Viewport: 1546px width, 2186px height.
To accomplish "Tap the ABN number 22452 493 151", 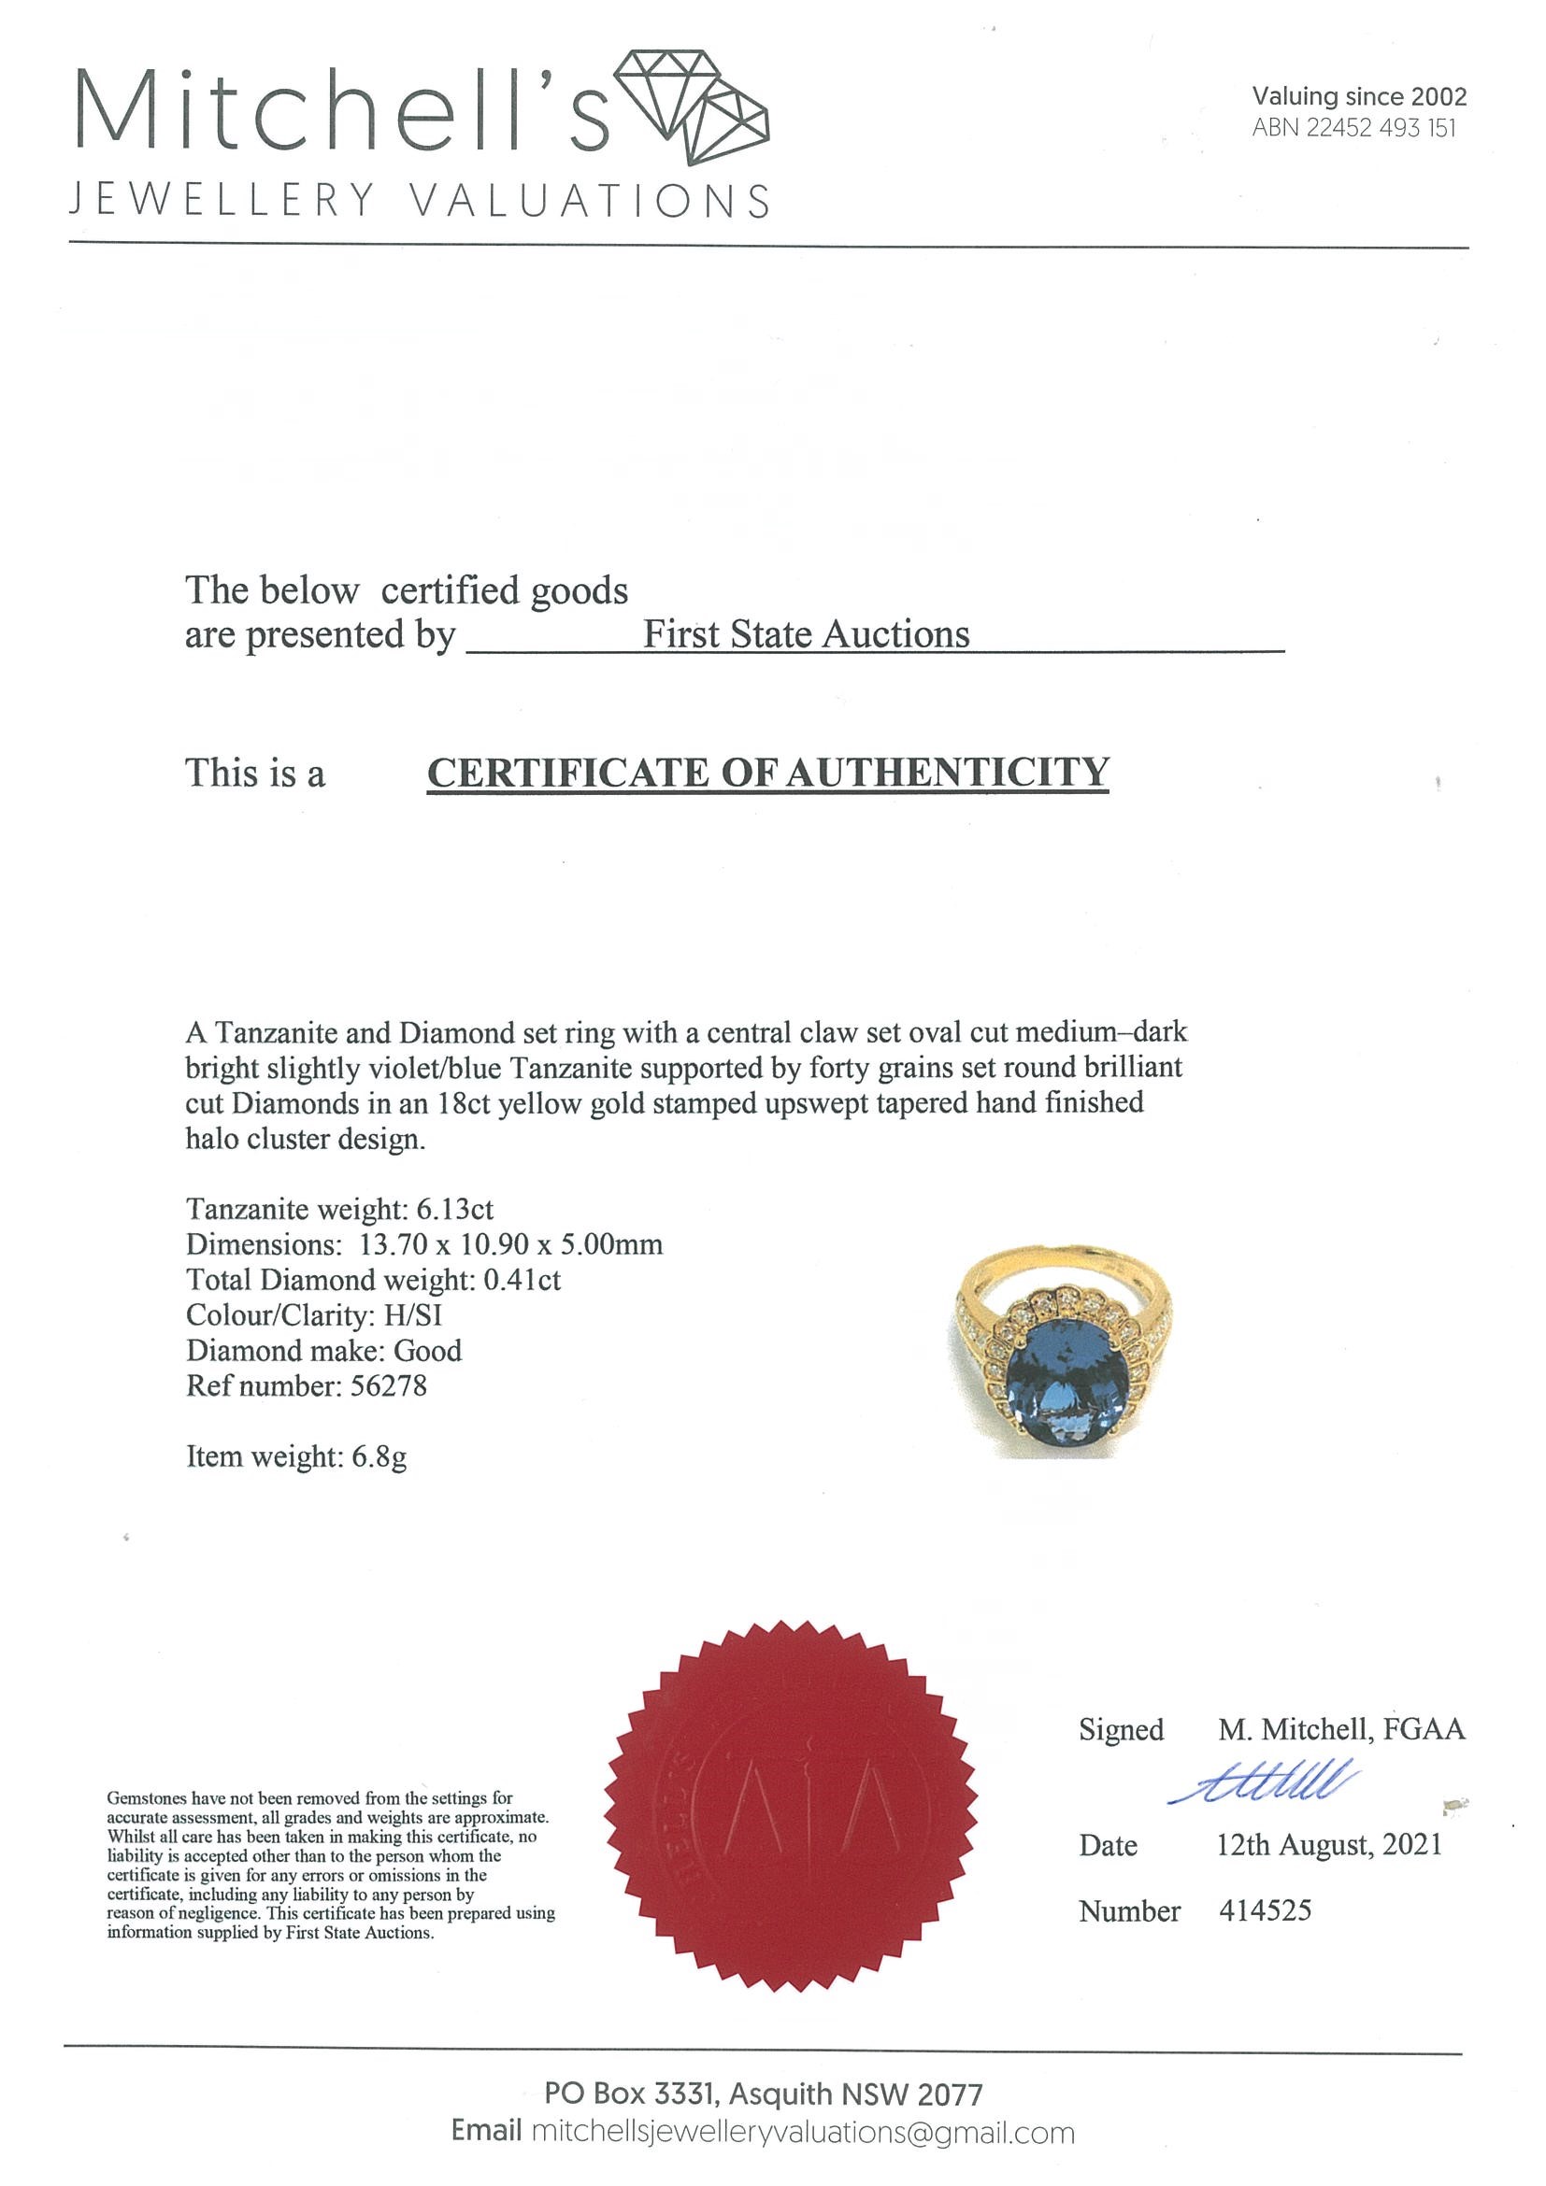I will coord(1381,129).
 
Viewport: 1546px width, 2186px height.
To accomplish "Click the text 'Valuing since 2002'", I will coord(1358,96).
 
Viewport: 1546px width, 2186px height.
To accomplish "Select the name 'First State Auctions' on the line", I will coord(806,634).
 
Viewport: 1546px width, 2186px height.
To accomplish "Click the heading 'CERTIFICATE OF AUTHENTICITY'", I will coord(767,773).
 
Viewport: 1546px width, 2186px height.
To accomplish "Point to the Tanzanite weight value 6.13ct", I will coord(454,1209).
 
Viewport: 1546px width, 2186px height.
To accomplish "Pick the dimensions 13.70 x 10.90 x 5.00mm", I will coord(510,1244).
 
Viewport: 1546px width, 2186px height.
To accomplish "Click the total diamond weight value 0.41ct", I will coord(522,1280).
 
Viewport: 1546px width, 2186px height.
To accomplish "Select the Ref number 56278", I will coord(389,1385).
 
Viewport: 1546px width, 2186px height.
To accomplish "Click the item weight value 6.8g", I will coord(379,1455).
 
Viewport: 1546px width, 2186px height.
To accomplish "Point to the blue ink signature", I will coord(1263,1782).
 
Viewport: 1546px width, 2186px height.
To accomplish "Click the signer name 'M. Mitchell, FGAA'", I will coord(1341,1729).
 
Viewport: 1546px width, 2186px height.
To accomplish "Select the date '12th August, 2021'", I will coord(1329,1845).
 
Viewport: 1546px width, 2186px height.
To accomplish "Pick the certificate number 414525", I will coord(1265,1909).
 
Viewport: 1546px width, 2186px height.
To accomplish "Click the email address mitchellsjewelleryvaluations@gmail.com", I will coord(802,2133).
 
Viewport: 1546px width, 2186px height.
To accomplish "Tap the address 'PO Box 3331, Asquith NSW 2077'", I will coord(763,2094).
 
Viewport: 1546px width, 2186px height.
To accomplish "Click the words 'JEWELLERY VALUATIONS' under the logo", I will coord(419,201).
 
